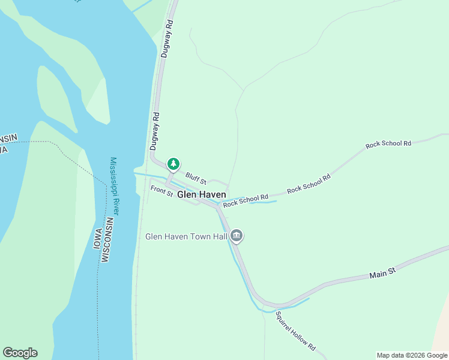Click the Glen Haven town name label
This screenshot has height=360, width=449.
[202, 195]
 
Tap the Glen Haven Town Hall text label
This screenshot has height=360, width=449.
[186, 236]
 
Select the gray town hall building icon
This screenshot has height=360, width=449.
[237, 236]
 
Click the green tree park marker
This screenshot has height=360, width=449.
[173, 163]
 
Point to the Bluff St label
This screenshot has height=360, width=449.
[196, 178]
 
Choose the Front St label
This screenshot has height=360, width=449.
[161, 191]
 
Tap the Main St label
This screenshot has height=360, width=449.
[383, 274]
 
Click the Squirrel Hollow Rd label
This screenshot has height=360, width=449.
[295, 331]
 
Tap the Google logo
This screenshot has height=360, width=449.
[20, 353]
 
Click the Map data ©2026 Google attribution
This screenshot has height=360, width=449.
[412, 355]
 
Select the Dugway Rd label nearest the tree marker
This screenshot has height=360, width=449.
[154, 131]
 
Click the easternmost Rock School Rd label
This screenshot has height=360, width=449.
[388, 144]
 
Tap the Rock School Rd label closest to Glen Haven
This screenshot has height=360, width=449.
[245, 201]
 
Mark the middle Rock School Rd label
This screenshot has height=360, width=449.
[309, 184]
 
